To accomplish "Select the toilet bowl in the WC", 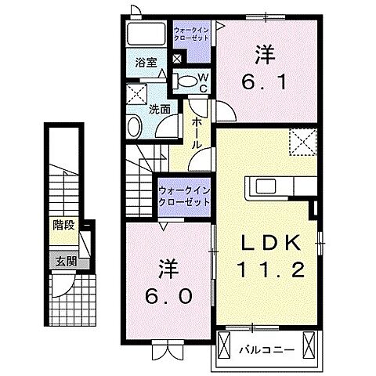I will pyautogui.click(x=186, y=80).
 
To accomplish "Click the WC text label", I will pyautogui.click(x=201, y=82).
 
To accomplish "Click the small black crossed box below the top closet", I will pyautogui.click(x=178, y=58).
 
